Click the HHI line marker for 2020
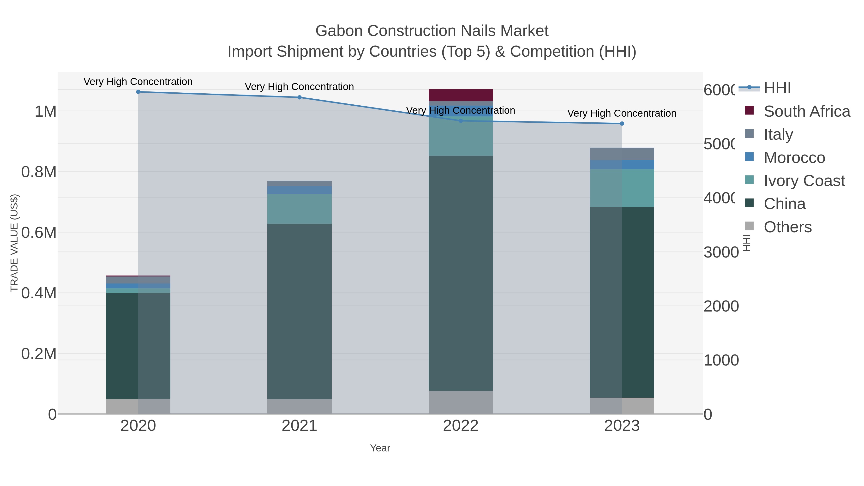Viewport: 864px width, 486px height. click(138, 92)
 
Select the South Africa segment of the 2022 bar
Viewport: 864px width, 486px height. click(461, 95)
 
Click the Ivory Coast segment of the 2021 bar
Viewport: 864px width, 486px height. click(299, 209)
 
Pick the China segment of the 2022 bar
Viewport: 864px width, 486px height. click(461, 273)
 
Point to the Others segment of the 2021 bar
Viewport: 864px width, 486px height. click(299, 407)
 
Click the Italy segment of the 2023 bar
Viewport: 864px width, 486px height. click(622, 154)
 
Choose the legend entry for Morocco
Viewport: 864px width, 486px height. click(794, 158)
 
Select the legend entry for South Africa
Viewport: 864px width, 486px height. click(807, 111)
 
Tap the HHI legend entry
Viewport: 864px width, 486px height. click(777, 88)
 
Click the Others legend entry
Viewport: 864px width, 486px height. click(787, 227)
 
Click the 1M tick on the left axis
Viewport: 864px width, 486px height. click(46, 111)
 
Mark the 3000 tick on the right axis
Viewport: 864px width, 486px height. click(721, 252)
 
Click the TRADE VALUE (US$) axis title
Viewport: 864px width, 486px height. click(14, 243)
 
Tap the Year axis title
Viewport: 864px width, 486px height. click(380, 448)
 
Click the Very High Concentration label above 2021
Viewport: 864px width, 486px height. click(299, 87)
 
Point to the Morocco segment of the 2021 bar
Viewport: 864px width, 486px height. click(299, 190)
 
